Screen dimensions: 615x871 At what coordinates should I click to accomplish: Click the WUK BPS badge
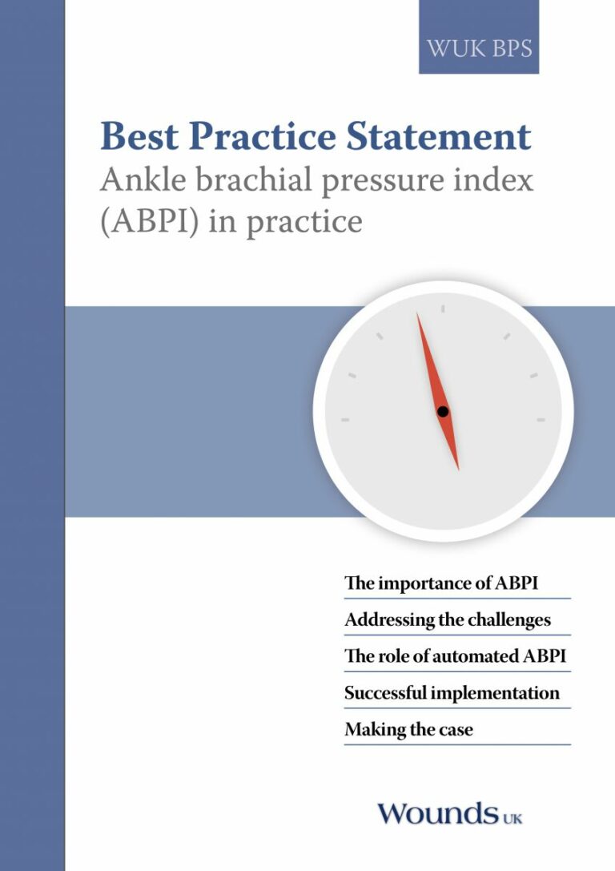point(479,37)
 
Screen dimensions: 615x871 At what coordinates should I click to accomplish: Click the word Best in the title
point(139,136)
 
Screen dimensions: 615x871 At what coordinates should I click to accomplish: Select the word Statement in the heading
point(439,136)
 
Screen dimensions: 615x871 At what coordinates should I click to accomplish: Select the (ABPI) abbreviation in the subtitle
point(149,221)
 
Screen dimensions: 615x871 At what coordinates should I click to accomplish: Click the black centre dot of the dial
point(442,412)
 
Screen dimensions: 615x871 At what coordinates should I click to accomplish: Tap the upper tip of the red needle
point(417,313)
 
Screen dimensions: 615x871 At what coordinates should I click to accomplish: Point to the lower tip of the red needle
point(459,470)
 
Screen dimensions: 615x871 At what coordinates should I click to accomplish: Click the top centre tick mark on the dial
point(442,308)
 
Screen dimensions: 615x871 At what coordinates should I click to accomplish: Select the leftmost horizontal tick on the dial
point(345,420)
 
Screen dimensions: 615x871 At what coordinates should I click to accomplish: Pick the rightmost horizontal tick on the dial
point(541,420)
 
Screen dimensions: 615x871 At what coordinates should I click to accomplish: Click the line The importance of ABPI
point(441,583)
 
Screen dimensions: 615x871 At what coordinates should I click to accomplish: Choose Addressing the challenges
point(448,619)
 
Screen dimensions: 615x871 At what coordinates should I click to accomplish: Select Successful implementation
point(452,692)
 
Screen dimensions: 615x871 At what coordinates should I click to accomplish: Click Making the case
point(409,729)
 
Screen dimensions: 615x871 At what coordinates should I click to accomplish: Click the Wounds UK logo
point(450,814)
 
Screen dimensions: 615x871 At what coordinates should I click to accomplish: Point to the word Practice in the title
point(263,136)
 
